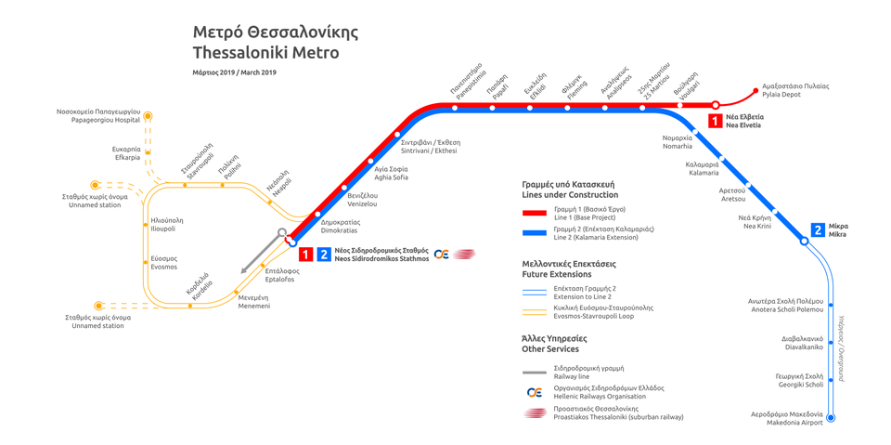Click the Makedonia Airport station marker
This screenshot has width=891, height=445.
(x=831, y=418)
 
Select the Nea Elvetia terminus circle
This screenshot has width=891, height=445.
(x=716, y=105)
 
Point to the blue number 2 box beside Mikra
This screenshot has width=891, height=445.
(x=818, y=230)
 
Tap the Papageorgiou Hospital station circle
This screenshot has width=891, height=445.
(x=148, y=116)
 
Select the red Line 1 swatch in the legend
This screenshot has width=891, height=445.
(x=535, y=213)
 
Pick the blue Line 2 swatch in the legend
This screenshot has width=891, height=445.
(x=535, y=232)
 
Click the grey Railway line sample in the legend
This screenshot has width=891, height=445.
(x=535, y=373)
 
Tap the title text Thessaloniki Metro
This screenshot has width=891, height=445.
(x=266, y=53)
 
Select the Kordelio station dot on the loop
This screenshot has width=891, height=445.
(x=190, y=307)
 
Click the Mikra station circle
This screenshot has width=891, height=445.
(x=804, y=242)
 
